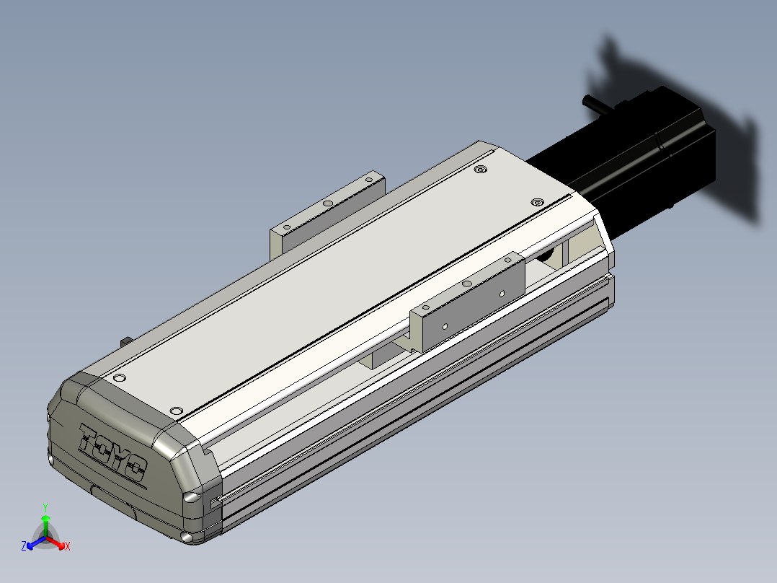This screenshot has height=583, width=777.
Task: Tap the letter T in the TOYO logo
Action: coord(89,437)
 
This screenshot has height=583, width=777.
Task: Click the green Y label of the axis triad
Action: coord(45,507)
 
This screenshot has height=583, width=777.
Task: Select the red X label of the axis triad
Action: coord(68,546)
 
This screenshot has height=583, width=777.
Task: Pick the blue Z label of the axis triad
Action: coord(24,546)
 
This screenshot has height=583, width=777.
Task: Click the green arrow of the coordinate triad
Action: coord(45,526)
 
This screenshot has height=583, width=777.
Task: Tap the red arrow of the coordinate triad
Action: coord(55,543)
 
